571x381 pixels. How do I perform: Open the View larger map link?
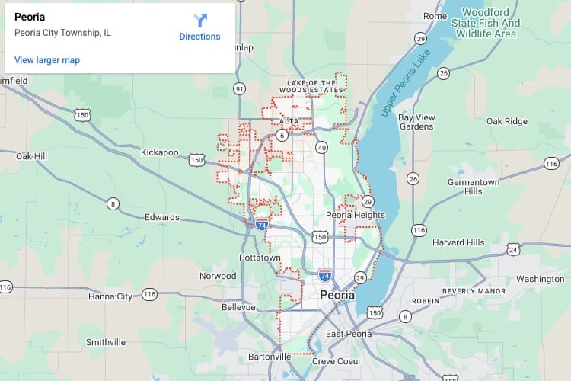pyautogui.click(x=47, y=60)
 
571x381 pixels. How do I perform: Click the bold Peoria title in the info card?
pyautogui.click(x=30, y=17)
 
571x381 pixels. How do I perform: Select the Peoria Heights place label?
pyautogui.click(x=356, y=215)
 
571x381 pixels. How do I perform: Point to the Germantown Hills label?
pyautogui.click(x=474, y=187)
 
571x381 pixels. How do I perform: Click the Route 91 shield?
pyautogui.click(x=240, y=89)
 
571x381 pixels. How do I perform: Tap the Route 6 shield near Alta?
pyautogui.click(x=282, y=135)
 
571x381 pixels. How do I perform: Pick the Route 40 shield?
pyautogui.click(x=322, y=147)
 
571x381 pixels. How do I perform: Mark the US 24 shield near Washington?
pyautogui.click(x=514, y=249)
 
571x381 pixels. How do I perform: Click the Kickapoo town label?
pyautogui.click(x=159, y=153)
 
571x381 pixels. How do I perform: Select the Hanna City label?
pyautogui.click(x=110, y=296)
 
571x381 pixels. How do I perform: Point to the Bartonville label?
pyautogui.click(x=270, y=356)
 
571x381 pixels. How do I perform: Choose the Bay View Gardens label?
pyautogui.click(x=416, y=122)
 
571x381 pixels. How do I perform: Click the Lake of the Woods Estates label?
pyautogui.click(x=311, y=86)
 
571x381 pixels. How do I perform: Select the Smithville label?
pyautogui.click(x=106, y=342)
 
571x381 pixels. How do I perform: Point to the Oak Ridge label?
pyautogui.click(x=507, y=121)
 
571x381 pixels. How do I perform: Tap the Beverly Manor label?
pyautogui.click(x=474, y=291)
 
